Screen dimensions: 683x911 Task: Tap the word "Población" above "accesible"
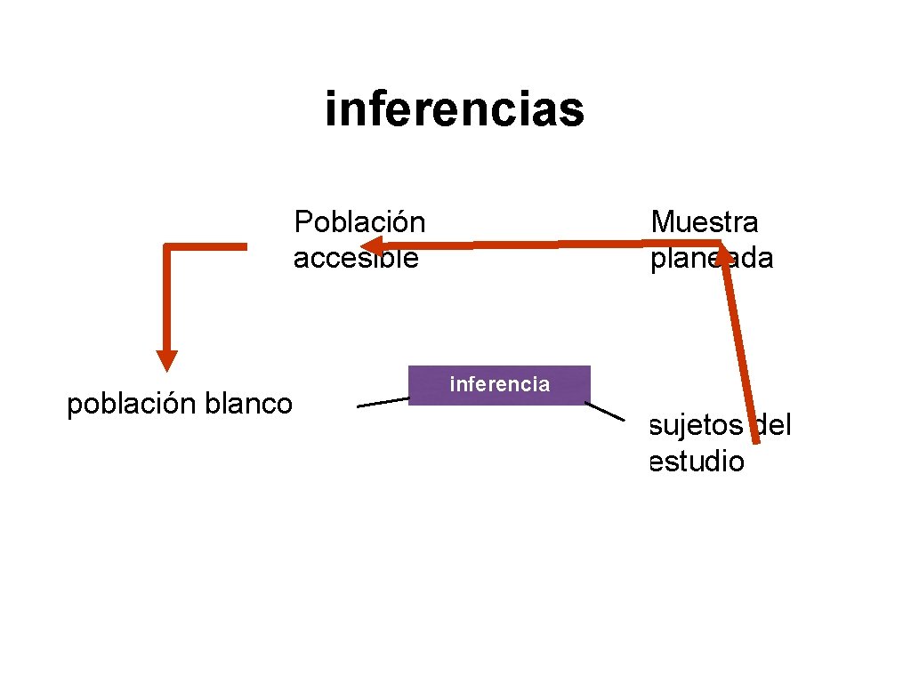pyautogui.click(x=359, y=221)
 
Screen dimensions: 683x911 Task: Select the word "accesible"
pyautogui.click(x=355, y=258)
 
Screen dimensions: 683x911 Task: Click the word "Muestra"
pyautogui.click(x=705, y=221)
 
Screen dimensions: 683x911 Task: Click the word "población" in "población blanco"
pyautogui.click(x=132, y=405)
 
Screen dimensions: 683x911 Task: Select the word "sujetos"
pyautogui.click(x=696, y=426)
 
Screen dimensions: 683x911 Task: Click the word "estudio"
pyautogui.click(x=697, y=462)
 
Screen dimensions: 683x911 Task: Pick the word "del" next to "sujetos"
pyautogui.click(x=770, y=425)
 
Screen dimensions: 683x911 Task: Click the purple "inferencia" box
pyautogui.click(x=499, y=385)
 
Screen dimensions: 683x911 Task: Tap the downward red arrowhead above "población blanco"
pyautogui.click(x=166, y=359)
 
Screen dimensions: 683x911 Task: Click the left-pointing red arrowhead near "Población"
pyautogui.click(x=374, y=245)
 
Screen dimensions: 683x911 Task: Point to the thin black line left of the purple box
pyautogui.click(x=383, y=403)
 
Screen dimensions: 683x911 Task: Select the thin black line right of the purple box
pyautogui.click(x=604, y=411)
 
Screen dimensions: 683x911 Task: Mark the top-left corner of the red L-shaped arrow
pyautogui.click(x=167, y=246)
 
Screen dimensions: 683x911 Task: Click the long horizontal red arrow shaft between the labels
pyautogui.click(x=552, y=243)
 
